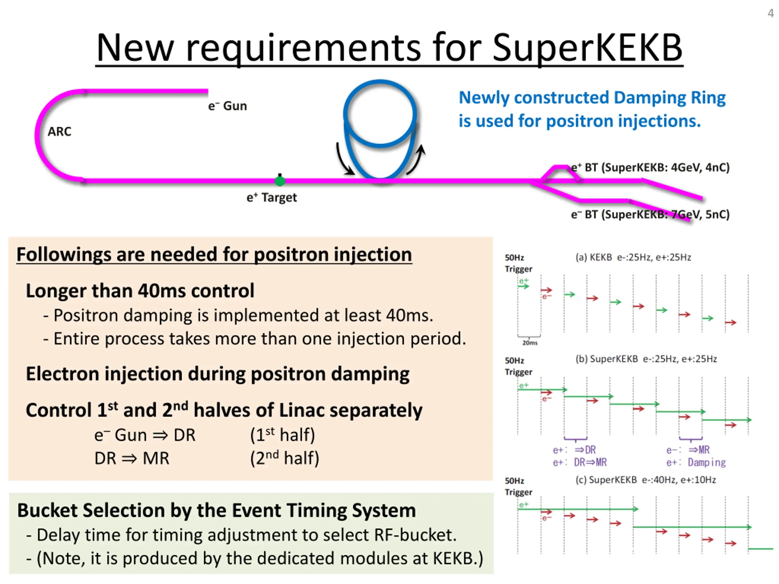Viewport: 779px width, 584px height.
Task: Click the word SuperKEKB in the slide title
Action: (x=587, y=47)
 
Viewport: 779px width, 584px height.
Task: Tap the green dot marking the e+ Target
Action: (x=280, y=181)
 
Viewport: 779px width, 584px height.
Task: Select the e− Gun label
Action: (x=228, y=106)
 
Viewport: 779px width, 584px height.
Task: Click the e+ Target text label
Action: (x=271, y=197)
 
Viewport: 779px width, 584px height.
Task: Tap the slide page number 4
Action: (x=770, y=13)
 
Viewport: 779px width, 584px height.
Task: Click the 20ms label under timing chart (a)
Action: (x=530, y=343)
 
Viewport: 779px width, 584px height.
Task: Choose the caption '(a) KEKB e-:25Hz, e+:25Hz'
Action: (x=633, y=257)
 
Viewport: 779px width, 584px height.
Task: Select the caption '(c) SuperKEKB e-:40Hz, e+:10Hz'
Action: (x=645, y=480)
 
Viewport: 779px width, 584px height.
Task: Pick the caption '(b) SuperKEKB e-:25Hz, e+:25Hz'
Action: (x=646, y=359)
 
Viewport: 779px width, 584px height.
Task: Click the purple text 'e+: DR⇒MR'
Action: (x=580, y=462)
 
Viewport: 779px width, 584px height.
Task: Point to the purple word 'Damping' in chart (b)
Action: (x=707, y=462)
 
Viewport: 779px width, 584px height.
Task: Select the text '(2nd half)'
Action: (x=285, y=458)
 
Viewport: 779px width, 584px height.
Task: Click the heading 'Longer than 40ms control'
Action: (x=140, y=291)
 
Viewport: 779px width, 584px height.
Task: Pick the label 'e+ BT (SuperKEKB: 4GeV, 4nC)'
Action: (x=650, y=167)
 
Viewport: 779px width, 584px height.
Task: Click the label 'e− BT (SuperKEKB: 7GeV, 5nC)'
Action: (x=650, y=214)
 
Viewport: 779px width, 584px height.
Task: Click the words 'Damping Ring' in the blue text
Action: (x=669, y=98)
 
